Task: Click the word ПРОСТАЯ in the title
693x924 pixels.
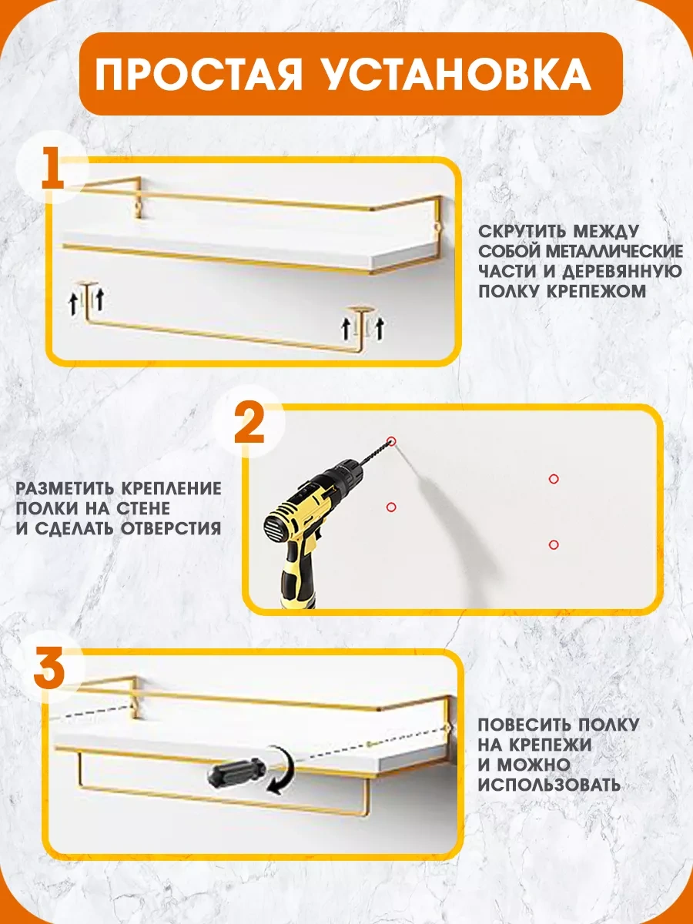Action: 198,74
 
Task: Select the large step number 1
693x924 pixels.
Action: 52,167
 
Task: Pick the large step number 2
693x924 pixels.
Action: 249,422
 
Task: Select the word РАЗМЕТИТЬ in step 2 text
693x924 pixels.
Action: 65,489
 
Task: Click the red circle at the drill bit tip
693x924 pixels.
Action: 392,440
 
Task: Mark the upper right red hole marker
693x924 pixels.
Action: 554,479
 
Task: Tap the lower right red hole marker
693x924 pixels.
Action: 554,544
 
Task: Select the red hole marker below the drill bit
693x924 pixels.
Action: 391,507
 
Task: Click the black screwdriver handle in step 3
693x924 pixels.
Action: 236,773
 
